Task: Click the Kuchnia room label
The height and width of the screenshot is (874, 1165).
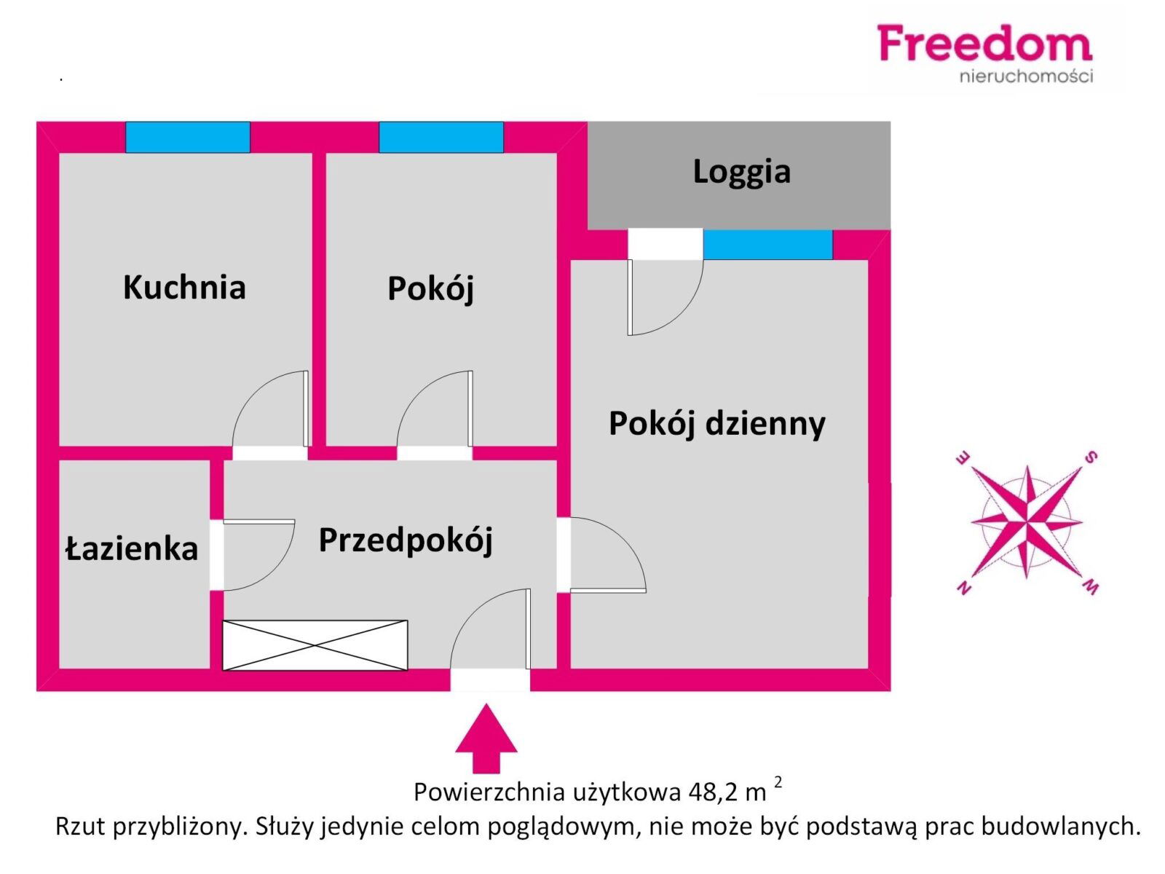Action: click(184, 287)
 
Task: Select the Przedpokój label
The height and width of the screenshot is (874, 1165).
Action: click(406, 540)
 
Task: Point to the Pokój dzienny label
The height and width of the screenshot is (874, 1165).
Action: click(716, 424)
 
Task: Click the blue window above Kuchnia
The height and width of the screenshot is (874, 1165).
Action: click(188, 138)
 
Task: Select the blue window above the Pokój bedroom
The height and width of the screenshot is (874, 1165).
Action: click(441, 138)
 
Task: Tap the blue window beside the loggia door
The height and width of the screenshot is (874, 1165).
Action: click(767, 245)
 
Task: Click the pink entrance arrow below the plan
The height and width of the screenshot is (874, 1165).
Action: click(486, 738)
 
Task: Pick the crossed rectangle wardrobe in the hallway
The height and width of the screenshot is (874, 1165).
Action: click(315, 645)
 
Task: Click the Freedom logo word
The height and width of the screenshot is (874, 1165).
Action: click(984, 43)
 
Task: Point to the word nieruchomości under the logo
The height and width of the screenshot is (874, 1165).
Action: click(1026, 76)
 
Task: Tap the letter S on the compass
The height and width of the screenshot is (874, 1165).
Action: click(1090, 457)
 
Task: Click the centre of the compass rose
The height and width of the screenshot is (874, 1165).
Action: click(1027, 522)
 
